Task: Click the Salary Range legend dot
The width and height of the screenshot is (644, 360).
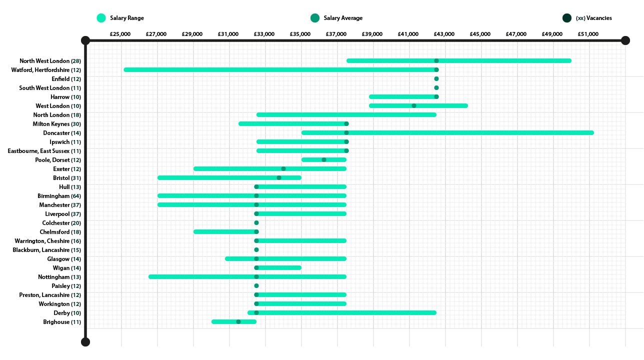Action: click(x=101, y=18)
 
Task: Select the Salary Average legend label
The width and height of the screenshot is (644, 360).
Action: click(x=343, y=18)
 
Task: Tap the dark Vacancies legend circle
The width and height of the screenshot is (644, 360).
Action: click(x=566, y=18)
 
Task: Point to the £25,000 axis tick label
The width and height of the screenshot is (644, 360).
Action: click(x=120, y=34)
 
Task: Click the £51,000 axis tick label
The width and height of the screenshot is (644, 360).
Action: click(x=588, y=34)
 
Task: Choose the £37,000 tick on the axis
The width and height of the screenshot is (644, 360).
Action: click(x=336, y=34)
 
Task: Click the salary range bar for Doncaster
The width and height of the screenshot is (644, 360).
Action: click(x=447, y=132)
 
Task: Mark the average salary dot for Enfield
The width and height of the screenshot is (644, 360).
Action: click(x=436, y=78)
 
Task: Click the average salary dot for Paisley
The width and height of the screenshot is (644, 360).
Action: click(x=256, y=285)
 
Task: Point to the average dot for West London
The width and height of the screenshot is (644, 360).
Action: click(x=413, y=105)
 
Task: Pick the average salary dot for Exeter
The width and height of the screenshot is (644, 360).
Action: click(x=283, y=168)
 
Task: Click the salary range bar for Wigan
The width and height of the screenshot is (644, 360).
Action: click(x=280, y=267)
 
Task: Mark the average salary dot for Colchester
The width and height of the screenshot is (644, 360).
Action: click(x=256, y=222)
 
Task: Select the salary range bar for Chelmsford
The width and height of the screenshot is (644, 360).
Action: click(x=225, y=231)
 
